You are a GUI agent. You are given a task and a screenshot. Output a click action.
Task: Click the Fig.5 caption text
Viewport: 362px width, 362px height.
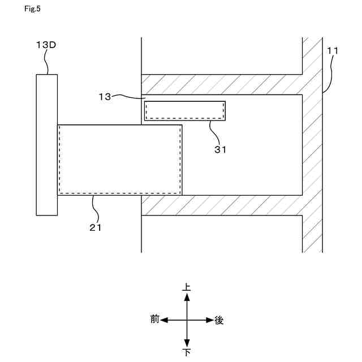coord(33,8)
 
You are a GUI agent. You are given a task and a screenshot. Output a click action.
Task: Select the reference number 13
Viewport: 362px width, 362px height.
coord(105,97)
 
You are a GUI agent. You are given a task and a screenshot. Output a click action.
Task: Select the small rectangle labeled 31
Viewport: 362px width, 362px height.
coord(185,110)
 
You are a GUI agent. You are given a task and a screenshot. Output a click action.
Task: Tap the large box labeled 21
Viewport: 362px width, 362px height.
coord(119,160)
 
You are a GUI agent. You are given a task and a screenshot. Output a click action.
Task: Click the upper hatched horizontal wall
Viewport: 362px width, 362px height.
coord(221,84)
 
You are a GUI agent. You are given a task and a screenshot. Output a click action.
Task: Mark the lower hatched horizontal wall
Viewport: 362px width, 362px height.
coord(221,205)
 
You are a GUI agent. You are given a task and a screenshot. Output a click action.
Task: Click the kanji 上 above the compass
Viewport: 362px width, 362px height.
coord(187,287)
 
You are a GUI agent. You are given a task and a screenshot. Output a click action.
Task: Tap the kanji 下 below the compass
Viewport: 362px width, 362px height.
coord(187,353)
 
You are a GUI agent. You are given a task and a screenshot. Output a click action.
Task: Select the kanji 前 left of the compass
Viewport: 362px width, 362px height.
coord(155,320)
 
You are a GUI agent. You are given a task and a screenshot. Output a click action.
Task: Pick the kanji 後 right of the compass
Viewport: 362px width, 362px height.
coord(219,320)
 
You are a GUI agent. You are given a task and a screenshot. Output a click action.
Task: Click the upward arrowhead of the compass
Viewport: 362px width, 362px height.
coord(187,296)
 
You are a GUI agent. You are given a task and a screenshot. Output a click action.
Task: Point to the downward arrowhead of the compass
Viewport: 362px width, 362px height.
coord(187,344)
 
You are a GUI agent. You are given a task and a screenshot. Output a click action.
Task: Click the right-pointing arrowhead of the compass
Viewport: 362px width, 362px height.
coord(209,320)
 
